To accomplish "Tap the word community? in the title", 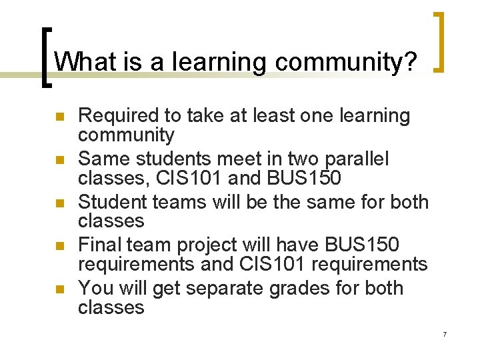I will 346,63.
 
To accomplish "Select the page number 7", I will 444,334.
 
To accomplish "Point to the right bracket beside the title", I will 439,41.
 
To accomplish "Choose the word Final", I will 100,245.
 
